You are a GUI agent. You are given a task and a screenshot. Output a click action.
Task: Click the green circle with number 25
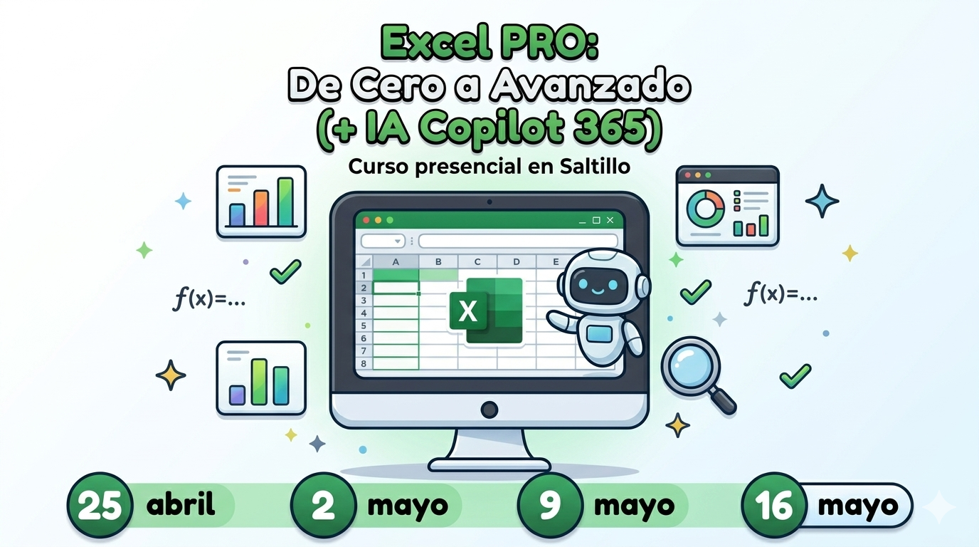pyautogui.click(x=100, y=506)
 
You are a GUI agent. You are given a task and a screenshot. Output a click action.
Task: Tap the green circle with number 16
pyautogui.click(x=774, y=506)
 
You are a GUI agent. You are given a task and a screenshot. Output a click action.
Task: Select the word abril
pyautogui.click(x=181, y=504)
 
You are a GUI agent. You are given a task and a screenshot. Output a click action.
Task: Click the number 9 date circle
pyautogui.click(x=550, y=506)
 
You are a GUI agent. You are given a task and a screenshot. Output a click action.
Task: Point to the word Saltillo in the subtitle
pyautogui.click(x=595, y=166)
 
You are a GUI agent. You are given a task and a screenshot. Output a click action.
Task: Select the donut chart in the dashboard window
pyautogui.click(x=705, y=209)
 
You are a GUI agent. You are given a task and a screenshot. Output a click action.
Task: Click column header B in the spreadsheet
pyautogui.click(x=438, y=261)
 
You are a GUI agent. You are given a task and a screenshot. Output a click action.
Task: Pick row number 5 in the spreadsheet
pyautogui.click(x=364, y=325)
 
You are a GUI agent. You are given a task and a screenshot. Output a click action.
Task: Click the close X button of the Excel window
pyautogui.click(x=610, y=220)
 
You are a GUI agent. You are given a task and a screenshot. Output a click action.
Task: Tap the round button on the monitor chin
pyautogui.click(x=489, y=410)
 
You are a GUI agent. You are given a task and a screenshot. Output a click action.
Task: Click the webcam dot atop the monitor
pyautogui.click(x=489, y=202)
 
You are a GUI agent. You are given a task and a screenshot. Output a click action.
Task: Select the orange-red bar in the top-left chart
pyautogui.click(x=261, y=208)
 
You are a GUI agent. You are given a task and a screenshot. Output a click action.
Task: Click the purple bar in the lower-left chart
pyautogui.click(x=238, y=395)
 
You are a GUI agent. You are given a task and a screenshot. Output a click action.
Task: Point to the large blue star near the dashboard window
pyautogui.click(x=822, y=201)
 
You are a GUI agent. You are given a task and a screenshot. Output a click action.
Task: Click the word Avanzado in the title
pyautogui.click(x=590, y=85)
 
